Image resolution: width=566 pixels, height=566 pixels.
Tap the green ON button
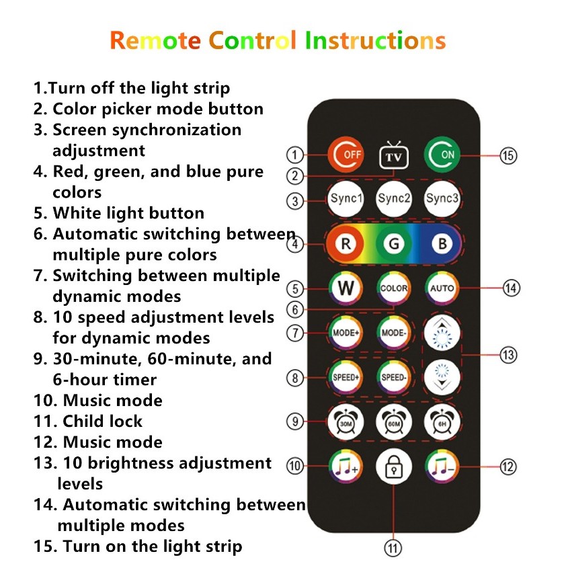[x=442, y=155]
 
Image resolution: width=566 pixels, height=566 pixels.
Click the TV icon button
[x=393, y=155]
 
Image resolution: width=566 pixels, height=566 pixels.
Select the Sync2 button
[x=394, y=198]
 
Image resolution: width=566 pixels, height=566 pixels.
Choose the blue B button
[x=442, y=243]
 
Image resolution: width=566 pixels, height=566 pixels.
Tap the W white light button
[x=346, y=288]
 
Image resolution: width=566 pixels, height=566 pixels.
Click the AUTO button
[x=442, y=288]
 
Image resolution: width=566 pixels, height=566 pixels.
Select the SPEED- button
[x=394, y=377]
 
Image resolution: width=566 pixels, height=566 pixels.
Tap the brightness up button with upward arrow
[x=442, y=333]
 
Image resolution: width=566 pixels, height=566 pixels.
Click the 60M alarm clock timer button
[x=394, y=421]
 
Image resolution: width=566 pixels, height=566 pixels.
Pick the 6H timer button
[x=442, y=421]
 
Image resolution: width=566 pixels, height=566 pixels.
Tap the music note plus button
[x=346, y=467]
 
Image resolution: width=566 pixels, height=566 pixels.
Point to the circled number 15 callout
[x=508, y=155]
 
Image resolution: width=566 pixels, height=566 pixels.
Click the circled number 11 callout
[x=393, y=549]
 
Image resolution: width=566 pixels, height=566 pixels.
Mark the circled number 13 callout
[x=508, y=355]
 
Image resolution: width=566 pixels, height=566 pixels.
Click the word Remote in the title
[x=155, y=40]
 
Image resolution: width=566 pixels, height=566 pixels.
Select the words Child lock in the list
[x=103, y=421]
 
